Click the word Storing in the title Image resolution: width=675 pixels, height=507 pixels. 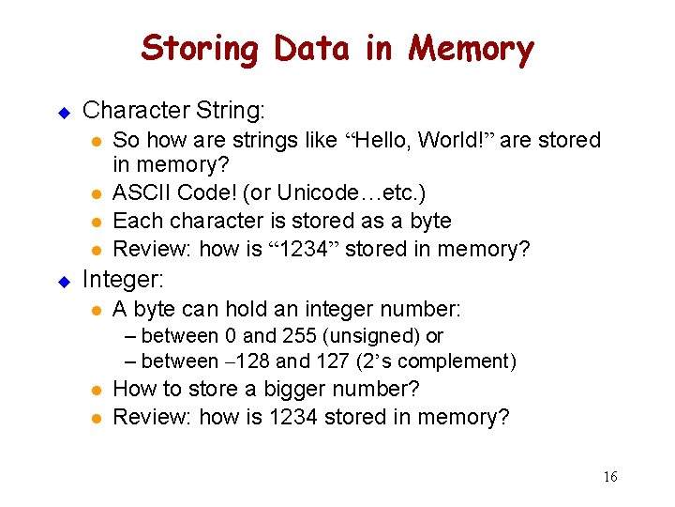coord(200,49)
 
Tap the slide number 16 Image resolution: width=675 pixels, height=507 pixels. coord(610,477)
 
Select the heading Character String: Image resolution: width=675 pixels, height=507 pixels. coord(174,110)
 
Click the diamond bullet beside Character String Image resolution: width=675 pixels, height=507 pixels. coord(65,112)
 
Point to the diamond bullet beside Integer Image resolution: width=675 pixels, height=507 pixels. coord(65,280)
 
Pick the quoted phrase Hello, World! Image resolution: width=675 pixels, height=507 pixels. coord(420,141)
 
